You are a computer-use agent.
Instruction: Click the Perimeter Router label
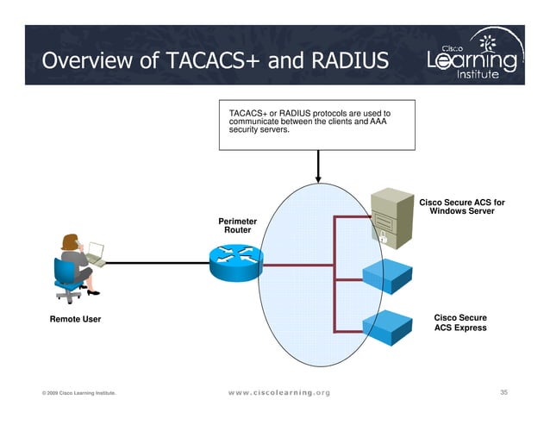coord(237,226)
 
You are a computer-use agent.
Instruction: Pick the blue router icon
coord(234,261)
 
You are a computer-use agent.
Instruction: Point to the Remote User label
coord(75,320)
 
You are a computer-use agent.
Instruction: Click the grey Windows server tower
coord(391,216)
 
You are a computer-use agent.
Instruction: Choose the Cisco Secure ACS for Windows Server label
coord(461,207)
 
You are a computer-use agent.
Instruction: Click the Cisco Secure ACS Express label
coord(459,322)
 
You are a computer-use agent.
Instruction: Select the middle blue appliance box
coord(391,272)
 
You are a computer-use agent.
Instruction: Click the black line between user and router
coord(155,262)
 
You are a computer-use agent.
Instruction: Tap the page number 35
coord(504,392)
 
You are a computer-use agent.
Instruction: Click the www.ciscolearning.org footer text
coord(278,393)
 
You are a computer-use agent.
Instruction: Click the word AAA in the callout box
coord(379,122)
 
